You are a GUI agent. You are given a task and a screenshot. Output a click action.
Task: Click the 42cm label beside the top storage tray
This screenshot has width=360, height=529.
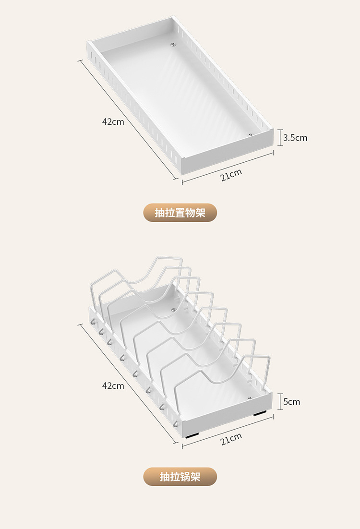pyautogui.click(x=113, y=122)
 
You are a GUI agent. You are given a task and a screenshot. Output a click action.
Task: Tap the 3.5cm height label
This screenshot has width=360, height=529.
pyautogui.click(x=295, y=138)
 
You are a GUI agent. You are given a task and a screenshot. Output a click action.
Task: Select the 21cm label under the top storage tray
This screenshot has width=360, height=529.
pyautogui.click(x=231, y=175)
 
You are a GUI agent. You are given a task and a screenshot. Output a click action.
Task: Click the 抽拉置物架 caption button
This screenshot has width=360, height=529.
pyautogui.click(x=180, y=213)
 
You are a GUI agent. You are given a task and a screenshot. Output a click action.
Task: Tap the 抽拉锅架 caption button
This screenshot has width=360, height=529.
pyautogui.click(x=180, y=477)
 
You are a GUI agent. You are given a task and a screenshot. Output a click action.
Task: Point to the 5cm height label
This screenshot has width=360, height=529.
pyautogui.click(x=291, y=401)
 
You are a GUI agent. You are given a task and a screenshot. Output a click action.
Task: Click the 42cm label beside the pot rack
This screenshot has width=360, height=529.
pyautogui.click(x=113, y=385)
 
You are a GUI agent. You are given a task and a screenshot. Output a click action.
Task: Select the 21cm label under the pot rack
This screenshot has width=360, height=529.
pyautogui.click(x=231, y=439)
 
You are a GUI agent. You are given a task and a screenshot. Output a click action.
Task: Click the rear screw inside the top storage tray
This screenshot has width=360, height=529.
pyautogui.click(x=173, y=45)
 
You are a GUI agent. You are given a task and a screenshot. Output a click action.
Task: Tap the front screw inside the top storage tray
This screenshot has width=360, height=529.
pyautogui.click(x=250, y=135)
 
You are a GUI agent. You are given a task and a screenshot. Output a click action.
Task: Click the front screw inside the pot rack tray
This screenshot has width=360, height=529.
pyautogui.click(x=250, y=398)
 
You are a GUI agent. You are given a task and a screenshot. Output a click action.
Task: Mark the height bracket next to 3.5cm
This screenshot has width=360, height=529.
pyautogui.click(x=280, y=138)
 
